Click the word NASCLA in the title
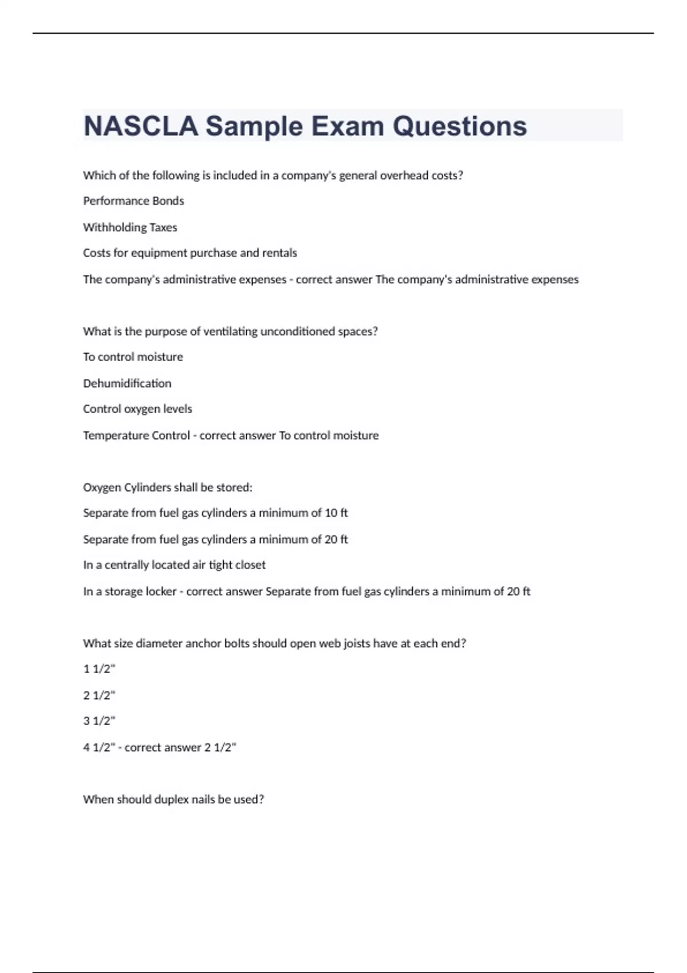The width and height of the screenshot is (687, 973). click(141, 126)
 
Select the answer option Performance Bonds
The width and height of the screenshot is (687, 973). click(133, 201)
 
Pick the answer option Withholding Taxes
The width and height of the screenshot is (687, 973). click(130, 227)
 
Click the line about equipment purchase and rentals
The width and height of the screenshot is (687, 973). click(190, 253)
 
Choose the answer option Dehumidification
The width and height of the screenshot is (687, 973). click(127, 383)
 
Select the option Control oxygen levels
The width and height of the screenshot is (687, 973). click(137, 409)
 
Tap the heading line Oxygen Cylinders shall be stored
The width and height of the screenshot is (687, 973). click(168, 488)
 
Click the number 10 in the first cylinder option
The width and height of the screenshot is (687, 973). click(331, 513)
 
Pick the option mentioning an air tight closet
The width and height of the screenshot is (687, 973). click(174, 565)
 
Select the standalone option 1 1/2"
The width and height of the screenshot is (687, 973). click(99, 669)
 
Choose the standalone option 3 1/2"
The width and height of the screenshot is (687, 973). click(99, 721)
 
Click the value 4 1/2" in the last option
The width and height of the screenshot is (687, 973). click(99, 747)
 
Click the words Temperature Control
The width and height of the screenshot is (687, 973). click(136, 436)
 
